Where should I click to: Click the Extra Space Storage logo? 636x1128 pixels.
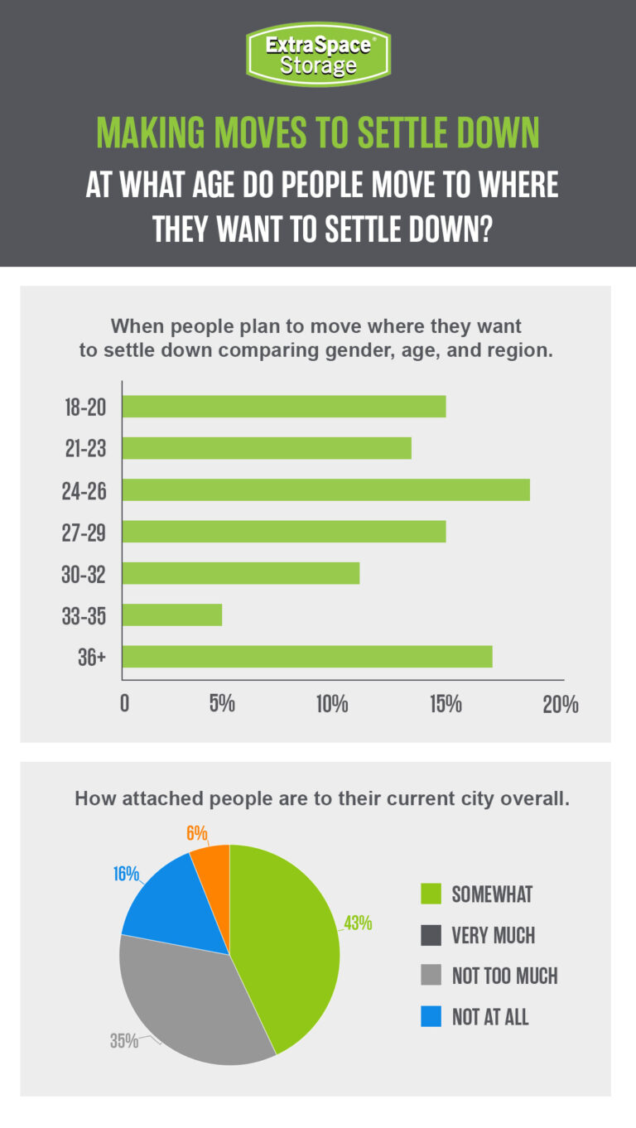pyautogui.click(x=318, y=54)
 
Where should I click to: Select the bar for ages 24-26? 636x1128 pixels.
pyautogui.click(x=326, y=489)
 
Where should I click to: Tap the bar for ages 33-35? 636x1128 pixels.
pyautogui.click(x=172, y=615)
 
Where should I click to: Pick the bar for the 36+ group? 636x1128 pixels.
pyautogui.click(x=307, y=656)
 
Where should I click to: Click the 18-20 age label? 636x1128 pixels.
pyautogui.click(x=84, y=407)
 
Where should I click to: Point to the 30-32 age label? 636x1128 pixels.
pyautogui.click(x=84, y=574)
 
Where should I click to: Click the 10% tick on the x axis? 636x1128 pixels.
pyautogui.click(x=331, y=705)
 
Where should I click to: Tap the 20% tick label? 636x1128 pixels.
pyautogui.click(x=561, y=705)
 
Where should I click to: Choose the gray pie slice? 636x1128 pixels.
pyautogui.click(x=190, y=1002)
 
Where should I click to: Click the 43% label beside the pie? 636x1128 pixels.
pyautogui.click(x=359, y=923)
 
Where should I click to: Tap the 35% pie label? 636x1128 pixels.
pyautogui.click(x=124, y=1041)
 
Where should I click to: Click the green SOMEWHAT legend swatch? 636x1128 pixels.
pyautogui.click(x=431, y=894)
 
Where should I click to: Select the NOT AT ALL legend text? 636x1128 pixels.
pyautogui.click(x=490, y=1016)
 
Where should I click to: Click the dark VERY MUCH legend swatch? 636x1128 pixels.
pyautogui.click(x=431, y=935)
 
